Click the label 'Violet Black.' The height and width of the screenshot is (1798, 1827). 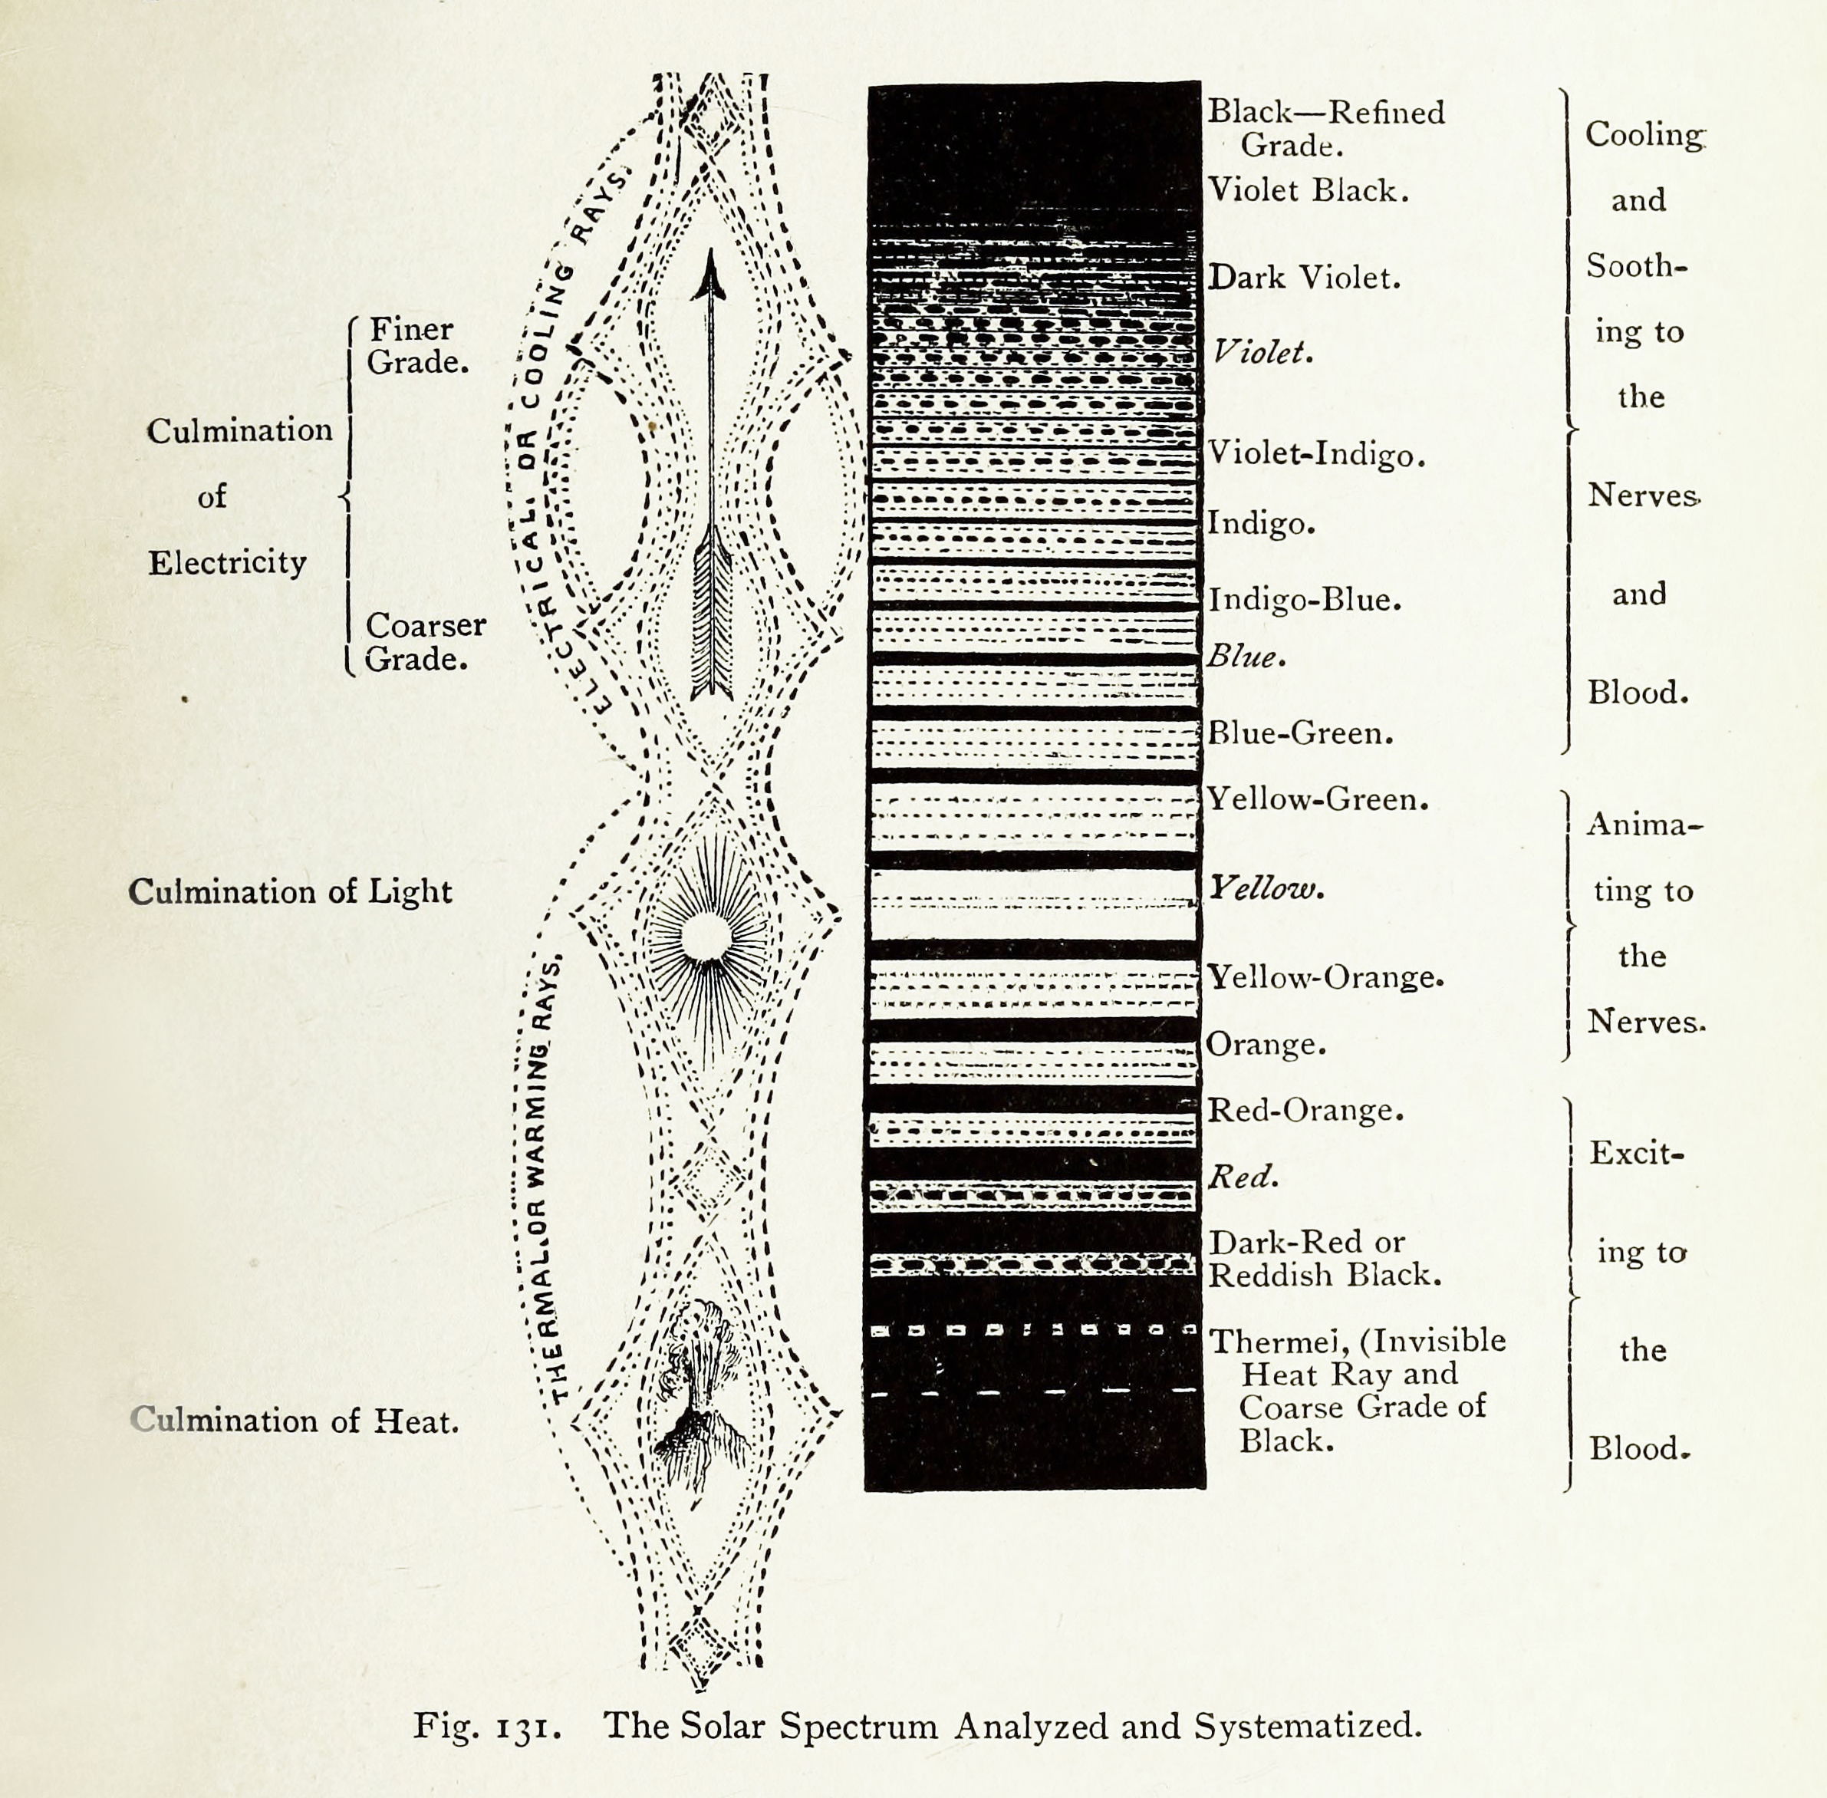(1309, 191)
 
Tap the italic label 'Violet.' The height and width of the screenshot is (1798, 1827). (1262, 353)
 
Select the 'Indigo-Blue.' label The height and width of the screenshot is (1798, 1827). (1305, 601)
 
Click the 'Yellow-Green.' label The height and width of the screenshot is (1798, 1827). (1318, 800)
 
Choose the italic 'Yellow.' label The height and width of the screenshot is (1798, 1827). (1267, 887)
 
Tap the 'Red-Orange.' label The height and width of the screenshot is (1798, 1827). (1305, 1111)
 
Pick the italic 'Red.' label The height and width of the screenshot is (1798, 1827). (1244, 1177)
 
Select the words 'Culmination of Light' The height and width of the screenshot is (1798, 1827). (290, 892)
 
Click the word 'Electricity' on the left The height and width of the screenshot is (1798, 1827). (228, 564)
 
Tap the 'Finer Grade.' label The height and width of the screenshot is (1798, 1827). (417, 346)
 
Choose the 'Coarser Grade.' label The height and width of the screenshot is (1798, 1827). (425, 642)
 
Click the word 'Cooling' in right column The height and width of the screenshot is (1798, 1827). (1646, 135)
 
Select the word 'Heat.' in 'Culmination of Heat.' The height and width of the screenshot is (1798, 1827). (416, 1421)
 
